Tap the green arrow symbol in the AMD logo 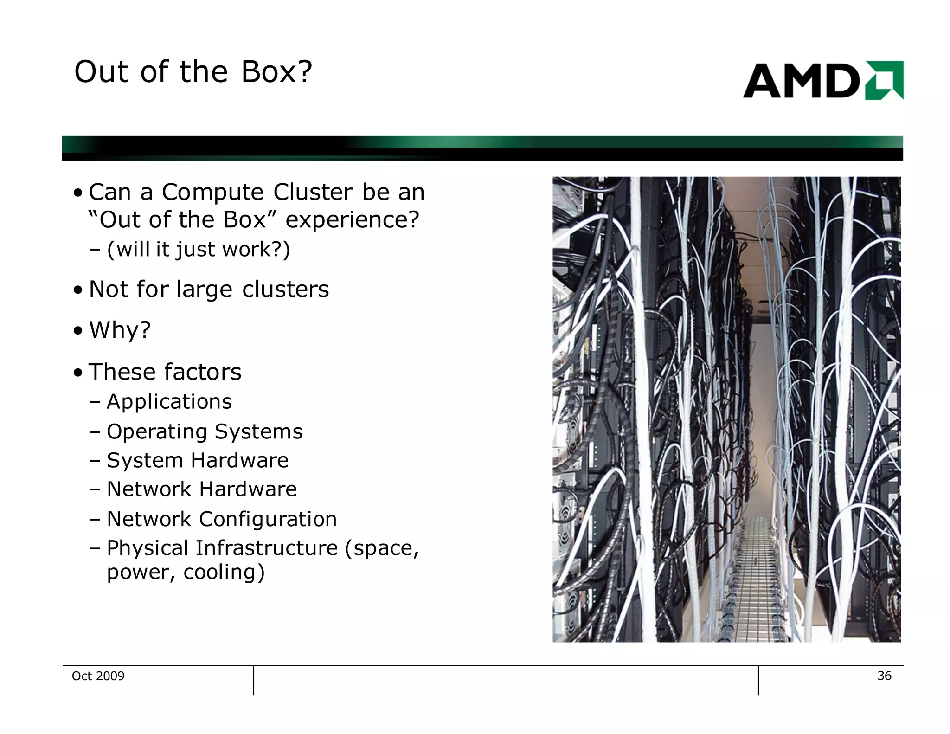click(x=884, y=80)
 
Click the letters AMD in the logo click(x=801, y=81)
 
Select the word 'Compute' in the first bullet click(x=212, y=192)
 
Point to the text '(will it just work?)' click(x=198, y=249)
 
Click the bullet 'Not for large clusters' click(x=209, y=290)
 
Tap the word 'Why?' click(x=120, y=330)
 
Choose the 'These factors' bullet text click(x=165, y=372)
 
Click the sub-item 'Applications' click(x=169, y=402)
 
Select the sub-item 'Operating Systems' click(x=204, y=431)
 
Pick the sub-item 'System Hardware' click(x=197, y=460)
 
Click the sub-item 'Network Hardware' click(x=201, y=489)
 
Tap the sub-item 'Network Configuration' click(x=221, y=519)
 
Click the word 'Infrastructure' click(x=266, y=548)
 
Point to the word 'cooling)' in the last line click(x=224, y=572)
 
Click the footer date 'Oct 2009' click(x=98, y=676)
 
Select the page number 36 click(x=884, y=676)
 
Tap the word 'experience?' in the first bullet click(x=352, y=220)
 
